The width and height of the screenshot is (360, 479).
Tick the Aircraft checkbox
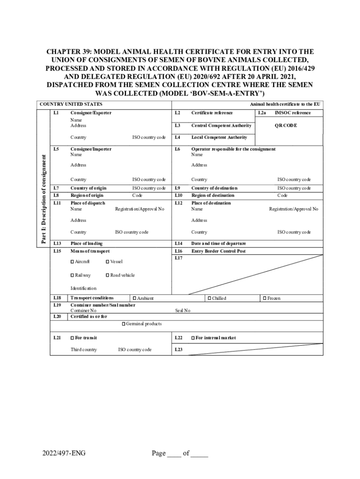pos(72,261)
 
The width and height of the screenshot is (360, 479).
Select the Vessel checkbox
pos(108,261)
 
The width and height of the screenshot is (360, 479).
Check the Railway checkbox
pos(72,275)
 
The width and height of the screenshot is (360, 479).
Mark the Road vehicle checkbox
pos(108,275)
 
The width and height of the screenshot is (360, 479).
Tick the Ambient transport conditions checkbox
pos(134,298)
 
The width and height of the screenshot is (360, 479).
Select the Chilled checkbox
pos(209,298)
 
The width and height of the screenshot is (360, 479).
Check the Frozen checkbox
pos(265,298)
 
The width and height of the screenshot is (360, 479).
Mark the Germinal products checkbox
pos(123,324)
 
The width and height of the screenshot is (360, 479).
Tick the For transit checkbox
pos(72,338)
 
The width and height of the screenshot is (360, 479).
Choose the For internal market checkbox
pos(192,338)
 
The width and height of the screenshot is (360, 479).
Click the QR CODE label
pos(286,125)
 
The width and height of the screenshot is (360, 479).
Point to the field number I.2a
pos(262,113)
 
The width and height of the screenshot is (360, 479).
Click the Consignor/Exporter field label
pos(91,113)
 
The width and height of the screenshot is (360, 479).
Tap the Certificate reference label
pos(212,113)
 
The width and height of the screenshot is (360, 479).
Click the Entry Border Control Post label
pos(218,251)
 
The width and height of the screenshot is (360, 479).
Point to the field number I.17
pos(179,258)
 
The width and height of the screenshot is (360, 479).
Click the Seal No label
pos(183,311)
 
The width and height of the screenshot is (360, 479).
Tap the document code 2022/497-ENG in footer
pos(60,453)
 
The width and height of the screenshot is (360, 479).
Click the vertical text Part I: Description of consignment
pos(43,198)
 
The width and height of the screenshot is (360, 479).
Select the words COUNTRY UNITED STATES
pos(71,104)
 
